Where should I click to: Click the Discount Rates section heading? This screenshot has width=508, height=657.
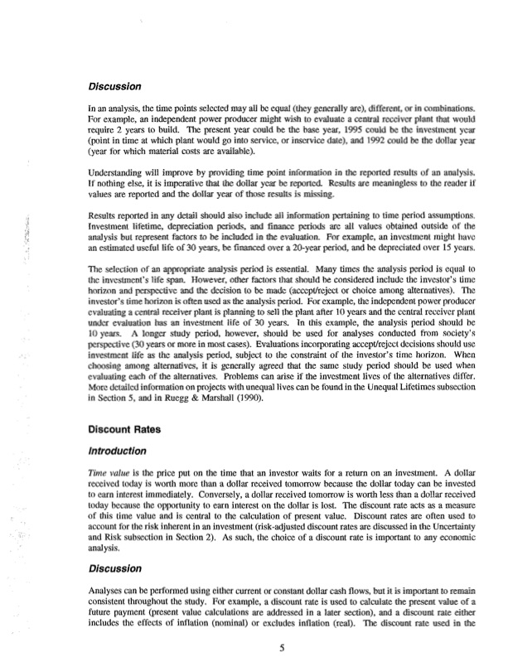(124, 430)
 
